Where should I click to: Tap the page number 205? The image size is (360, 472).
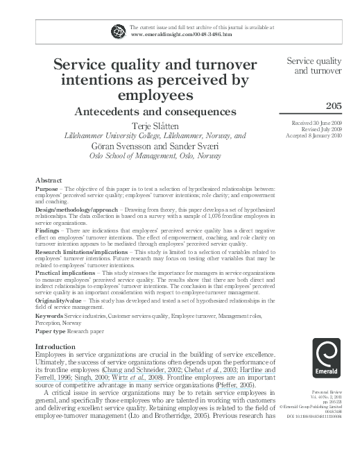pos(335,105)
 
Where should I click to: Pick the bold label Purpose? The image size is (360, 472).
pos(47,189)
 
